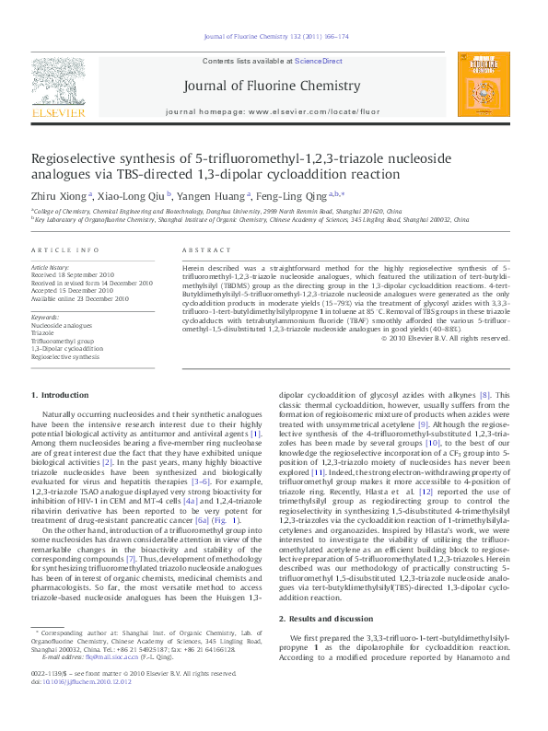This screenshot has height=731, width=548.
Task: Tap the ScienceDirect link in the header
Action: coord(318,61)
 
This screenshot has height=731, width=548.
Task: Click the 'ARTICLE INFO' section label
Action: coord(64,250)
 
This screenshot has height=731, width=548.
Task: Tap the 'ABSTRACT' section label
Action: coord(205,250)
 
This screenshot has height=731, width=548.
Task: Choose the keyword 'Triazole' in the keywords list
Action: coord(44,332)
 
